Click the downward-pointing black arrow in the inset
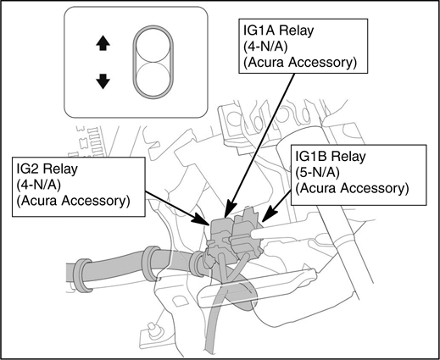point(103,80)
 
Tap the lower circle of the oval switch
point(153,76)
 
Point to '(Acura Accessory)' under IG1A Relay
point(297,62)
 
